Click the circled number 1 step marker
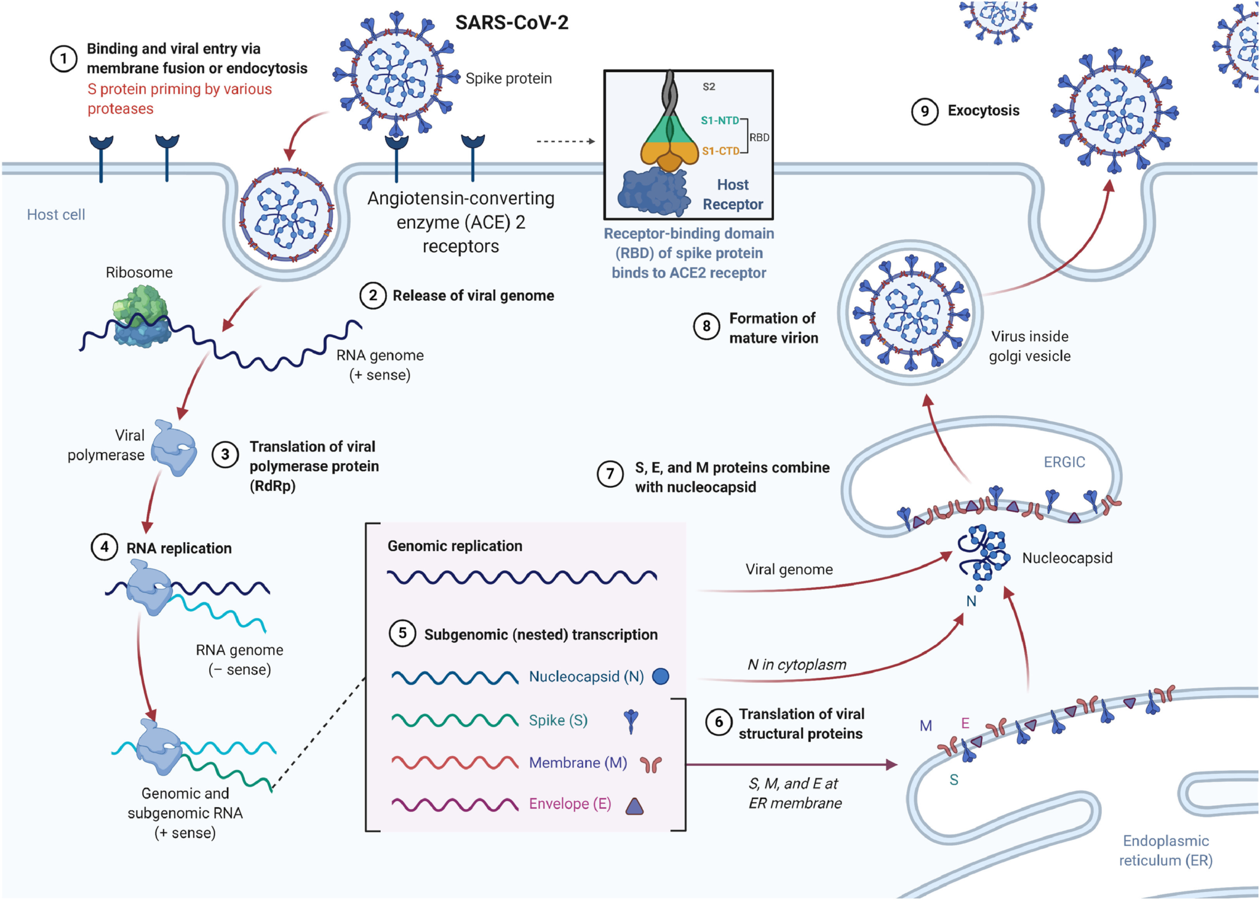(x=63, y=59)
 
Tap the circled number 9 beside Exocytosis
(x=924, y=111)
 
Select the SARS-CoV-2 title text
(x=511, y=23)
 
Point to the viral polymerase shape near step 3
(x=173, y=448)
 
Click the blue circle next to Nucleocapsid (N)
(x=660, y=676)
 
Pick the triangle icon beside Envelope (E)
(x=634, y=806)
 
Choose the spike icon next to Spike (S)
(x=631, y=721)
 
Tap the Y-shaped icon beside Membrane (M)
(x=650, y=764)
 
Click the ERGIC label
(x=1064, y=462)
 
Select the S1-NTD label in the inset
(x=719, y=121)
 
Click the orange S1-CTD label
(x=720, y=151)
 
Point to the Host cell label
(x=56, y=215)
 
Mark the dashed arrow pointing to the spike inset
(x=565, y=141)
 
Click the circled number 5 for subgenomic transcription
(x=402, y=633)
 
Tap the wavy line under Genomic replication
(x=522, y=577)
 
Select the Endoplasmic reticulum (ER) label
(x=1165, y=850)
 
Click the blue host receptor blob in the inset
(x=653, y=193)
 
